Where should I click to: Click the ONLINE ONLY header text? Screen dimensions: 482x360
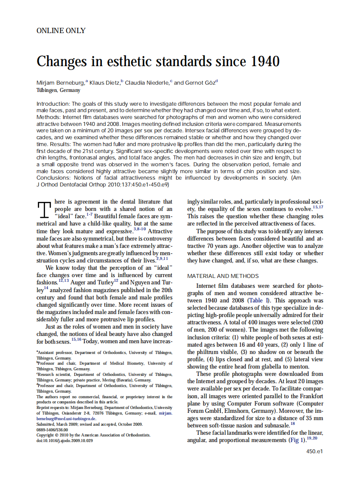61,31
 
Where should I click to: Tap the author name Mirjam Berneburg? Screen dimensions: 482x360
61,82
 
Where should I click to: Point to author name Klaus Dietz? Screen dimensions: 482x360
104,82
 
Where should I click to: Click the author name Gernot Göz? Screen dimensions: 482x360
200,82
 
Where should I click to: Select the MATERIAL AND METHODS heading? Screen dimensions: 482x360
223,276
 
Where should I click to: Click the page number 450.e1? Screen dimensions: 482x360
314,451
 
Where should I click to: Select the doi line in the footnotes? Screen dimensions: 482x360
64,441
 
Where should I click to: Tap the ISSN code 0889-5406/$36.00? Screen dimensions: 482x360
52,430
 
